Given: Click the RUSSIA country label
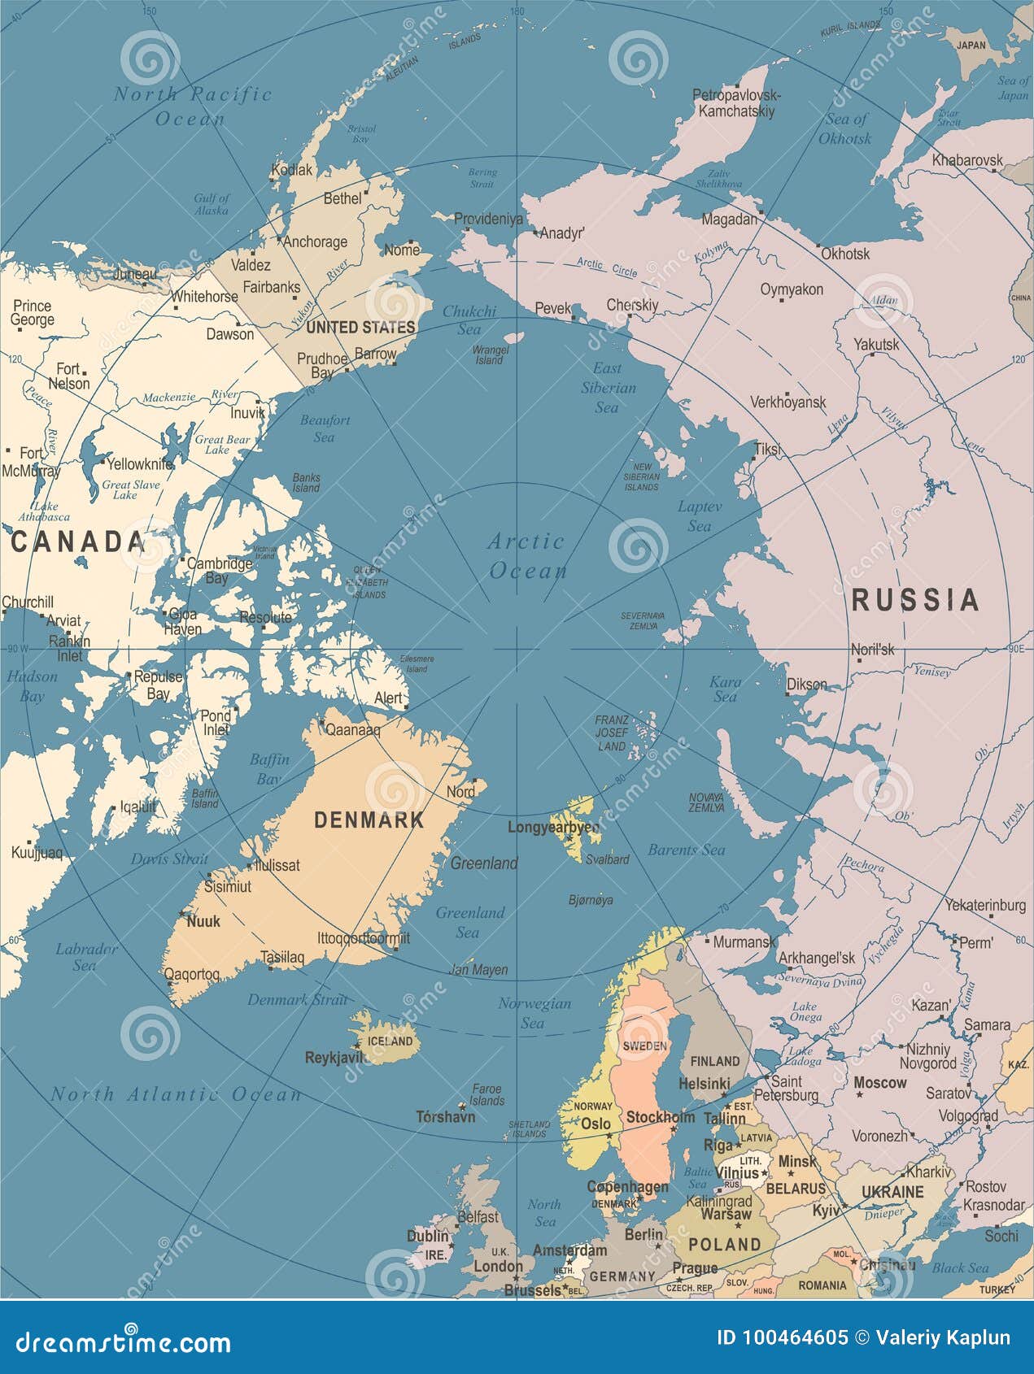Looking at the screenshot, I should [x=914, y=600].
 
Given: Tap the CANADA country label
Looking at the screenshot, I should [x=78, y=542].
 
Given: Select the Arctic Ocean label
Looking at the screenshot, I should [x=526, y=556].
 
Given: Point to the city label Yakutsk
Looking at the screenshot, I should [x=876, y=345].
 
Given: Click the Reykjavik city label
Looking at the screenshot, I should [x=334, y=1058].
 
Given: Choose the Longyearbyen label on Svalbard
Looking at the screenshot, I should [x=554, y=828].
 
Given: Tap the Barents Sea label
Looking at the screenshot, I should [x=686, y=850].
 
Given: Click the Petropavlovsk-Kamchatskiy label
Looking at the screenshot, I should [x=736, y=103].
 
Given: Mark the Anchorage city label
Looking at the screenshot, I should [x=315, y=241].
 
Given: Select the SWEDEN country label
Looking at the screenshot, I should [x=644, y=1046].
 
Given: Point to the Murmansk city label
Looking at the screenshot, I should [x=744, y=942].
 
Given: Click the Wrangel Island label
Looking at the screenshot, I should [x=490, y=354].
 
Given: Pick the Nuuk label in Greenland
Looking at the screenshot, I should [x=203, y=921].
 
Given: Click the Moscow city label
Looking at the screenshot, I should [x=879, y=1083].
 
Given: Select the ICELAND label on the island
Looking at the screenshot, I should [x=390, y=1041].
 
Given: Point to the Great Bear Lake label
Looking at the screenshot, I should [x=222, y=444].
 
